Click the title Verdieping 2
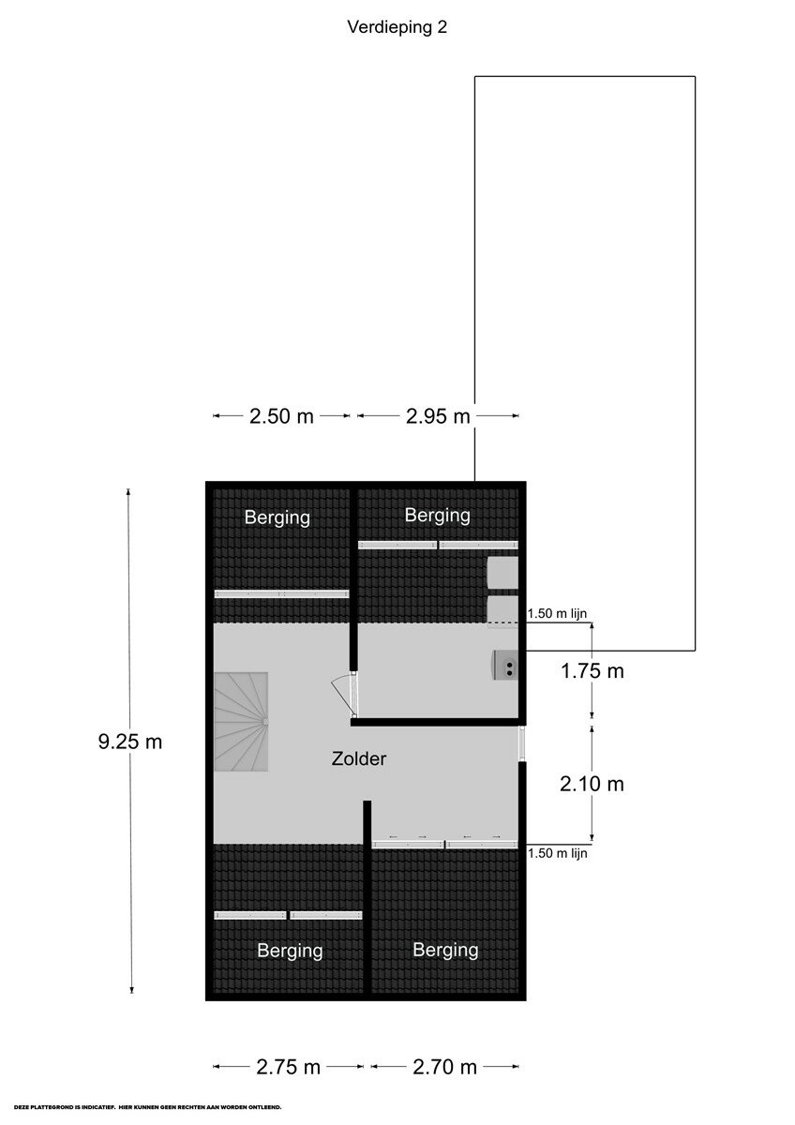pyautogui.click(x=397, y=27)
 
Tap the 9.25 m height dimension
pyautogui.click(x=130, y=742)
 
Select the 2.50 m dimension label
pyautogui.click(x=281, y=416)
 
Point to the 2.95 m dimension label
pyautogui.click(x=438, y=416)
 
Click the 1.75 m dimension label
pyautogui.click(x=592, y=671)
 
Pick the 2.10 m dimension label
pyautogui.click(x=592, y=784)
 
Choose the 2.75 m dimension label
pyautogui.click(x=288, y=1067)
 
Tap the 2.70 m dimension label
pyautogui.click(x=444, y=1067)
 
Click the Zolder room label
pyautogui.click(x=358, y=758)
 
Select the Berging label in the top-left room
pyautogui.click(x=277, y=517)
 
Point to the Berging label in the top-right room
pyautogui.click(x=438, y=516)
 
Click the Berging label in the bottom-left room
pyautogui.click(x=290, y=951)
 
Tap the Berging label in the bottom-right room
pyautogui.click(x=445, y=951)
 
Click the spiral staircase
pyautogui.click(x=241, y=722)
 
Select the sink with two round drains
pyautogui.click(x=505, y=665)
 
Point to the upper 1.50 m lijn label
pyautogui.click(x=557, y=613)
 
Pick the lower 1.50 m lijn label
pyautogui.click(x=557, y=853)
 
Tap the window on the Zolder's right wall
pyautogui.click(x=522, y=742)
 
